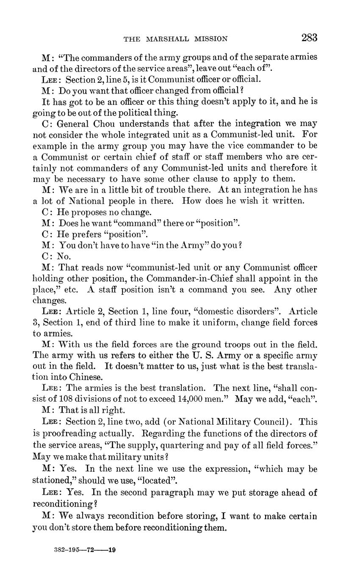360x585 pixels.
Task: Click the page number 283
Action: pyautogui.click(x=309, y=38)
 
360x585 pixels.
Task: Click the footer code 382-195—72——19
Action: pyautogui.click(x=85, y=550)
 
